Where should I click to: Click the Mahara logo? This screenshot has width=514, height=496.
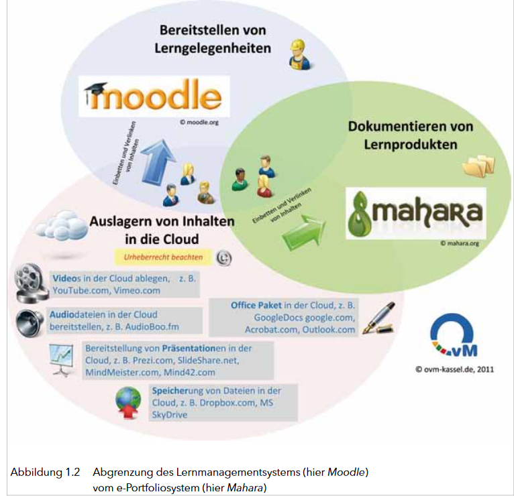click(415, 213)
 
